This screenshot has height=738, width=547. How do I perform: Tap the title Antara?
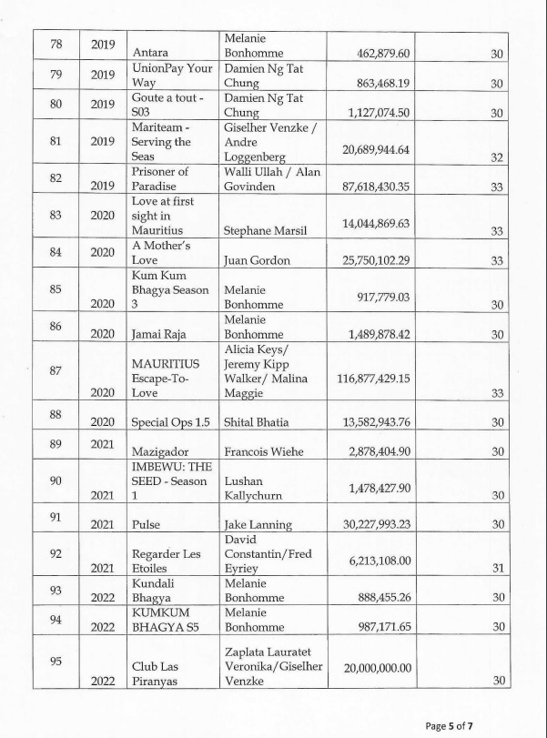tap(150, 55)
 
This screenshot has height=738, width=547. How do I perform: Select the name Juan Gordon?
tap(257, 260)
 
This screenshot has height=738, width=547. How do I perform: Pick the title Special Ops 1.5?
tap(172, 422)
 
